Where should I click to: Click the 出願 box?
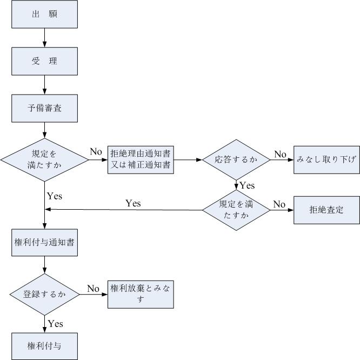click(44, 15)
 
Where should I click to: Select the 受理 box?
click(44, 61)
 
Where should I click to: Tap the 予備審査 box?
click(44, 108)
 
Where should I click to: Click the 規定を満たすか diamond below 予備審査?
click(44, 159)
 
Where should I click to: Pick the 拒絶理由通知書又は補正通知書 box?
click(141, 159)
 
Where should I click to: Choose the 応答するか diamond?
click(236, 159)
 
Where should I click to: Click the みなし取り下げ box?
click(326, 159)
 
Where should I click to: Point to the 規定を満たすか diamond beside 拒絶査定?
click(236, 210)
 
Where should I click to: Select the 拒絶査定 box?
click(326, 210)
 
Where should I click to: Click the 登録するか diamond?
click(44, 294)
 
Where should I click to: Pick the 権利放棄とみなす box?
click(141, 294)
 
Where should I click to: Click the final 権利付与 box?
click(44, 345)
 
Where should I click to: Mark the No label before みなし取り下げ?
click(280, 154)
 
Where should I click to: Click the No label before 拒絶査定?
click(279, 204)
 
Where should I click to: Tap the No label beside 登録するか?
click(94, 289)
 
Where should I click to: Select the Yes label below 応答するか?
click(247, 185)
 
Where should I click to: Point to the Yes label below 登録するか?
click(55, 324)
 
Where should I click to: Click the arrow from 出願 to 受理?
click(44, 38)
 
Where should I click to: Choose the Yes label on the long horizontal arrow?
click(133, 203)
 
